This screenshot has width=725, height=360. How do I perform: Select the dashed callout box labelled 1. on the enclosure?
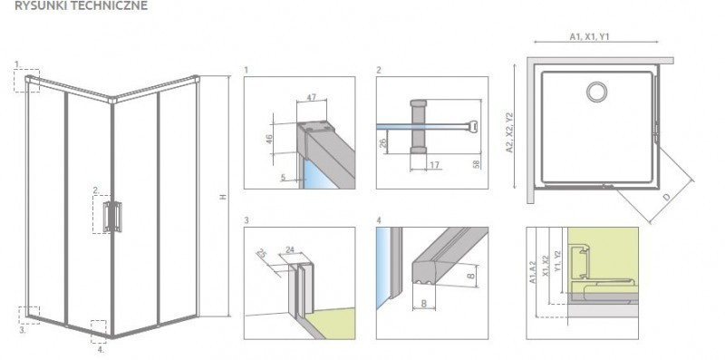[x=27, y=81]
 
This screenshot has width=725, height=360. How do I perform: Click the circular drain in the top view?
[x=598, y=92]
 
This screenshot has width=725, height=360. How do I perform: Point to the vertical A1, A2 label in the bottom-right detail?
[x=533, y=273]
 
